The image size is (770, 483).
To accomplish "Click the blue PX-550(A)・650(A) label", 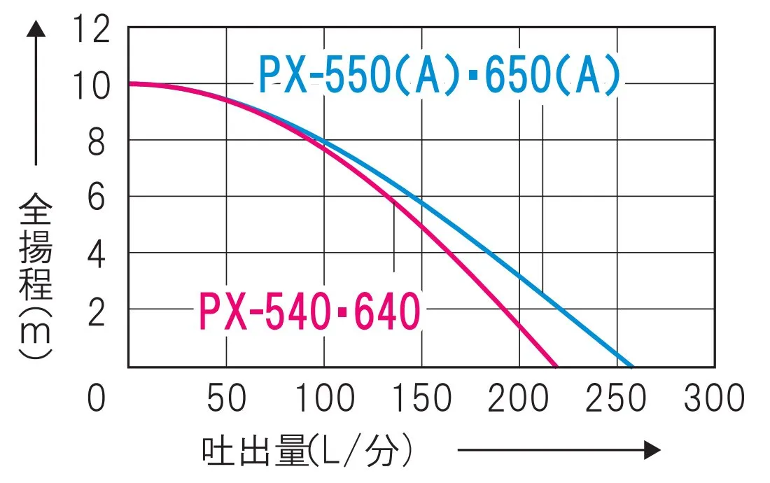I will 440,75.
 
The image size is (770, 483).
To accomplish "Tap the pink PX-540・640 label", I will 309,312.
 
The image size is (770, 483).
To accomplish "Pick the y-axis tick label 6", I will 98,199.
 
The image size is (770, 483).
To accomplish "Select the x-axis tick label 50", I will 226,398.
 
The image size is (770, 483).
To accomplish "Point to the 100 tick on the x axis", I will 323,398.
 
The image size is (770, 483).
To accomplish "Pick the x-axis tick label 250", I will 616,398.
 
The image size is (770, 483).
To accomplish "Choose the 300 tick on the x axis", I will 714,398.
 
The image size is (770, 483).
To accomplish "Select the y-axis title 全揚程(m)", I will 35,276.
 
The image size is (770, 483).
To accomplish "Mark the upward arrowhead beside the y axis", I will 36,29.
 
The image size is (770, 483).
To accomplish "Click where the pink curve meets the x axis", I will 556,366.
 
